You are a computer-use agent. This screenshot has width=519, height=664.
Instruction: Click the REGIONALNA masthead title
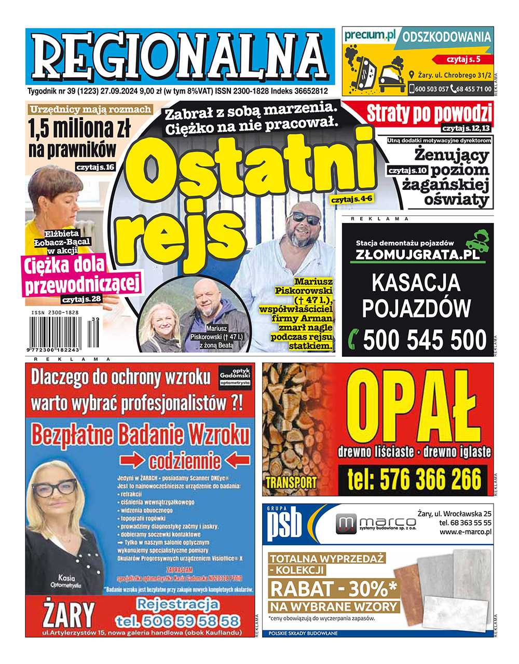pos(180,56)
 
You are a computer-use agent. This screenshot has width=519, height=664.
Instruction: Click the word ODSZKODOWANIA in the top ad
pos(446,37)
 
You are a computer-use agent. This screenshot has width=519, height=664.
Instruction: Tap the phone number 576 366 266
pos(414,480)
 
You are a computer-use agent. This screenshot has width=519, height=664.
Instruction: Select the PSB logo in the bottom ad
pos(284,524)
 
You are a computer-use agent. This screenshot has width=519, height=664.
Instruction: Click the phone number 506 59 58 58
pos(178,620)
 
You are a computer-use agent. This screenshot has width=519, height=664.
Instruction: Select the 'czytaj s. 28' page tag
pos(81,299)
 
